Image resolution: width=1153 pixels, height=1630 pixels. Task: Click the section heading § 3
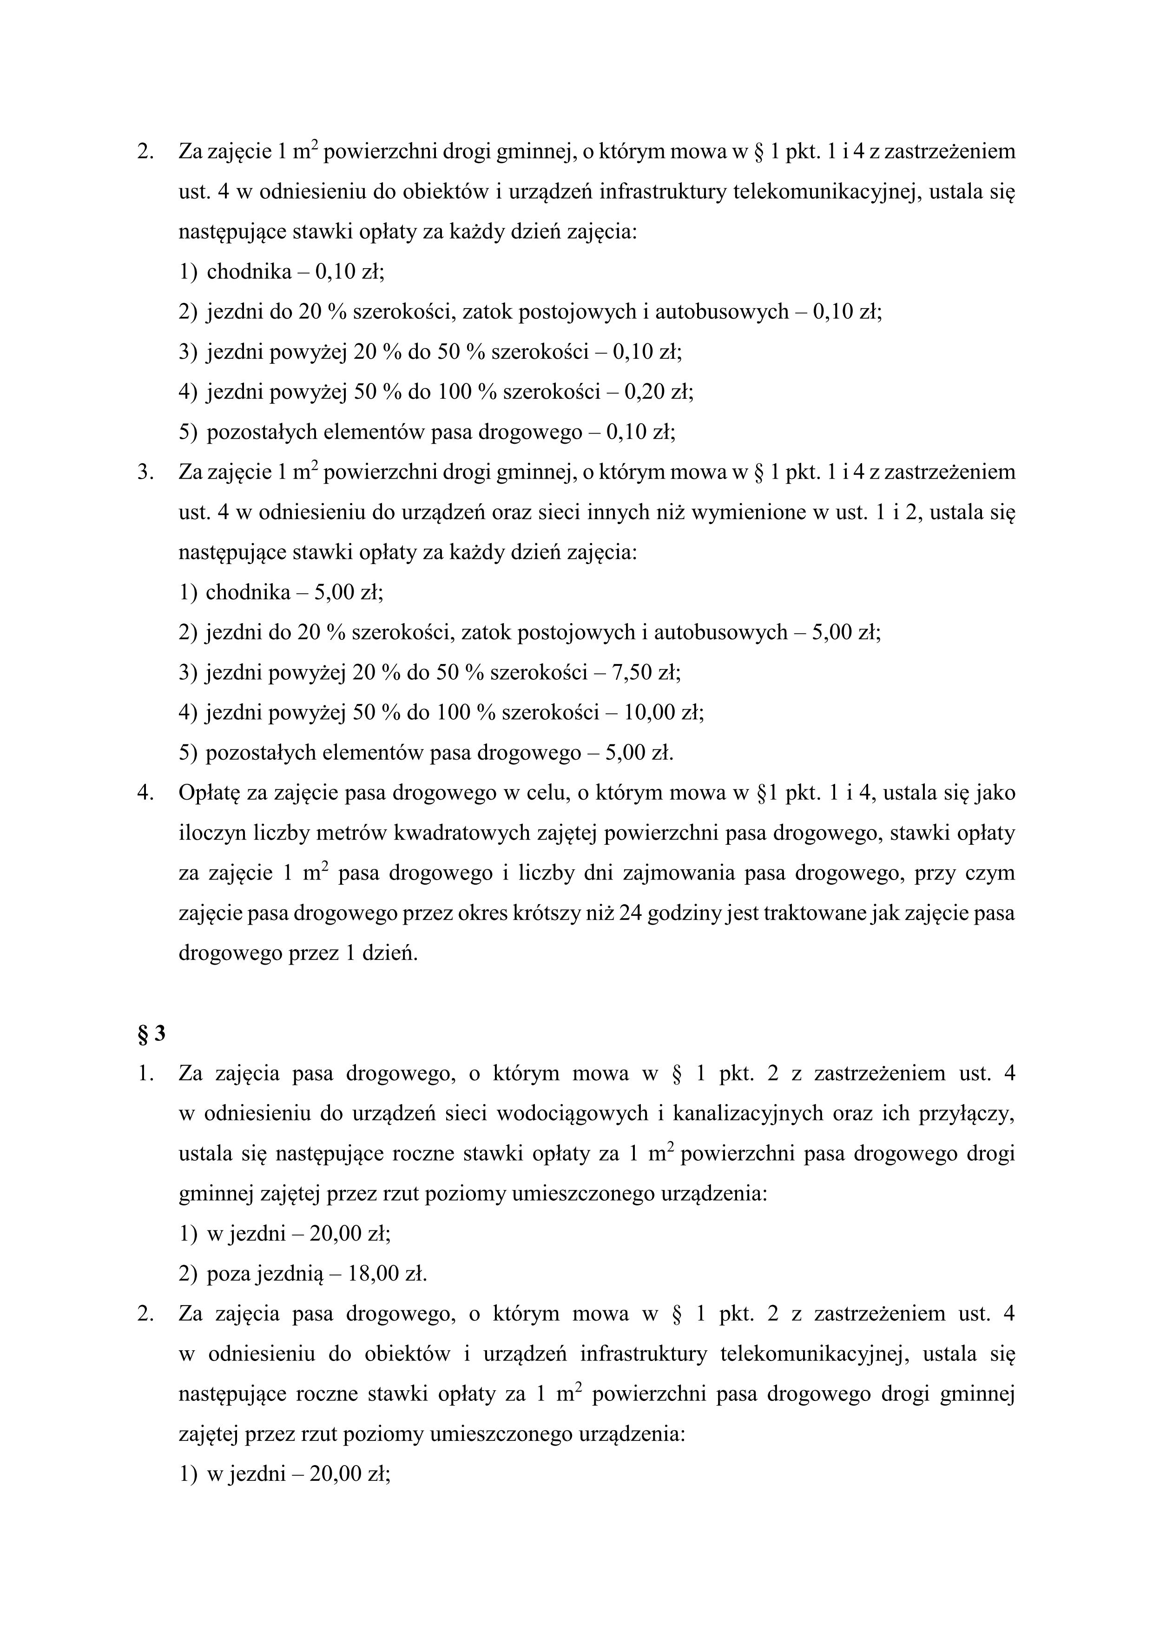(x=151, y=1034)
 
